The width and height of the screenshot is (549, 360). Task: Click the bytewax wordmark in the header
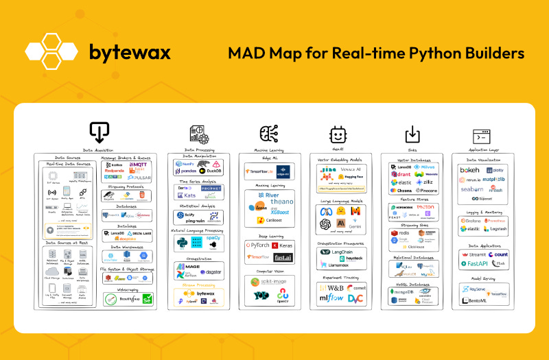[x=130, y=51]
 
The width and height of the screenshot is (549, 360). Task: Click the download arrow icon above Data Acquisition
[x=99, y=131]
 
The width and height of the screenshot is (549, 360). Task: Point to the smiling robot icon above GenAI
[x=338, y=133]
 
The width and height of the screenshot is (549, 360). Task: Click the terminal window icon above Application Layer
[x=480, y=134]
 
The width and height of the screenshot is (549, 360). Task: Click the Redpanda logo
[x=117, y=171]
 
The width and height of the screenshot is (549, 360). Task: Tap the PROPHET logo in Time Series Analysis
[x=210, y=188]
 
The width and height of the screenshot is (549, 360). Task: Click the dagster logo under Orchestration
[x=211, y=272]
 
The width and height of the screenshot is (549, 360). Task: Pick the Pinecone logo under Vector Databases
[x=425, y=190]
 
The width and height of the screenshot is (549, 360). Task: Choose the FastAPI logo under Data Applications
[x=473, y=263]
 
